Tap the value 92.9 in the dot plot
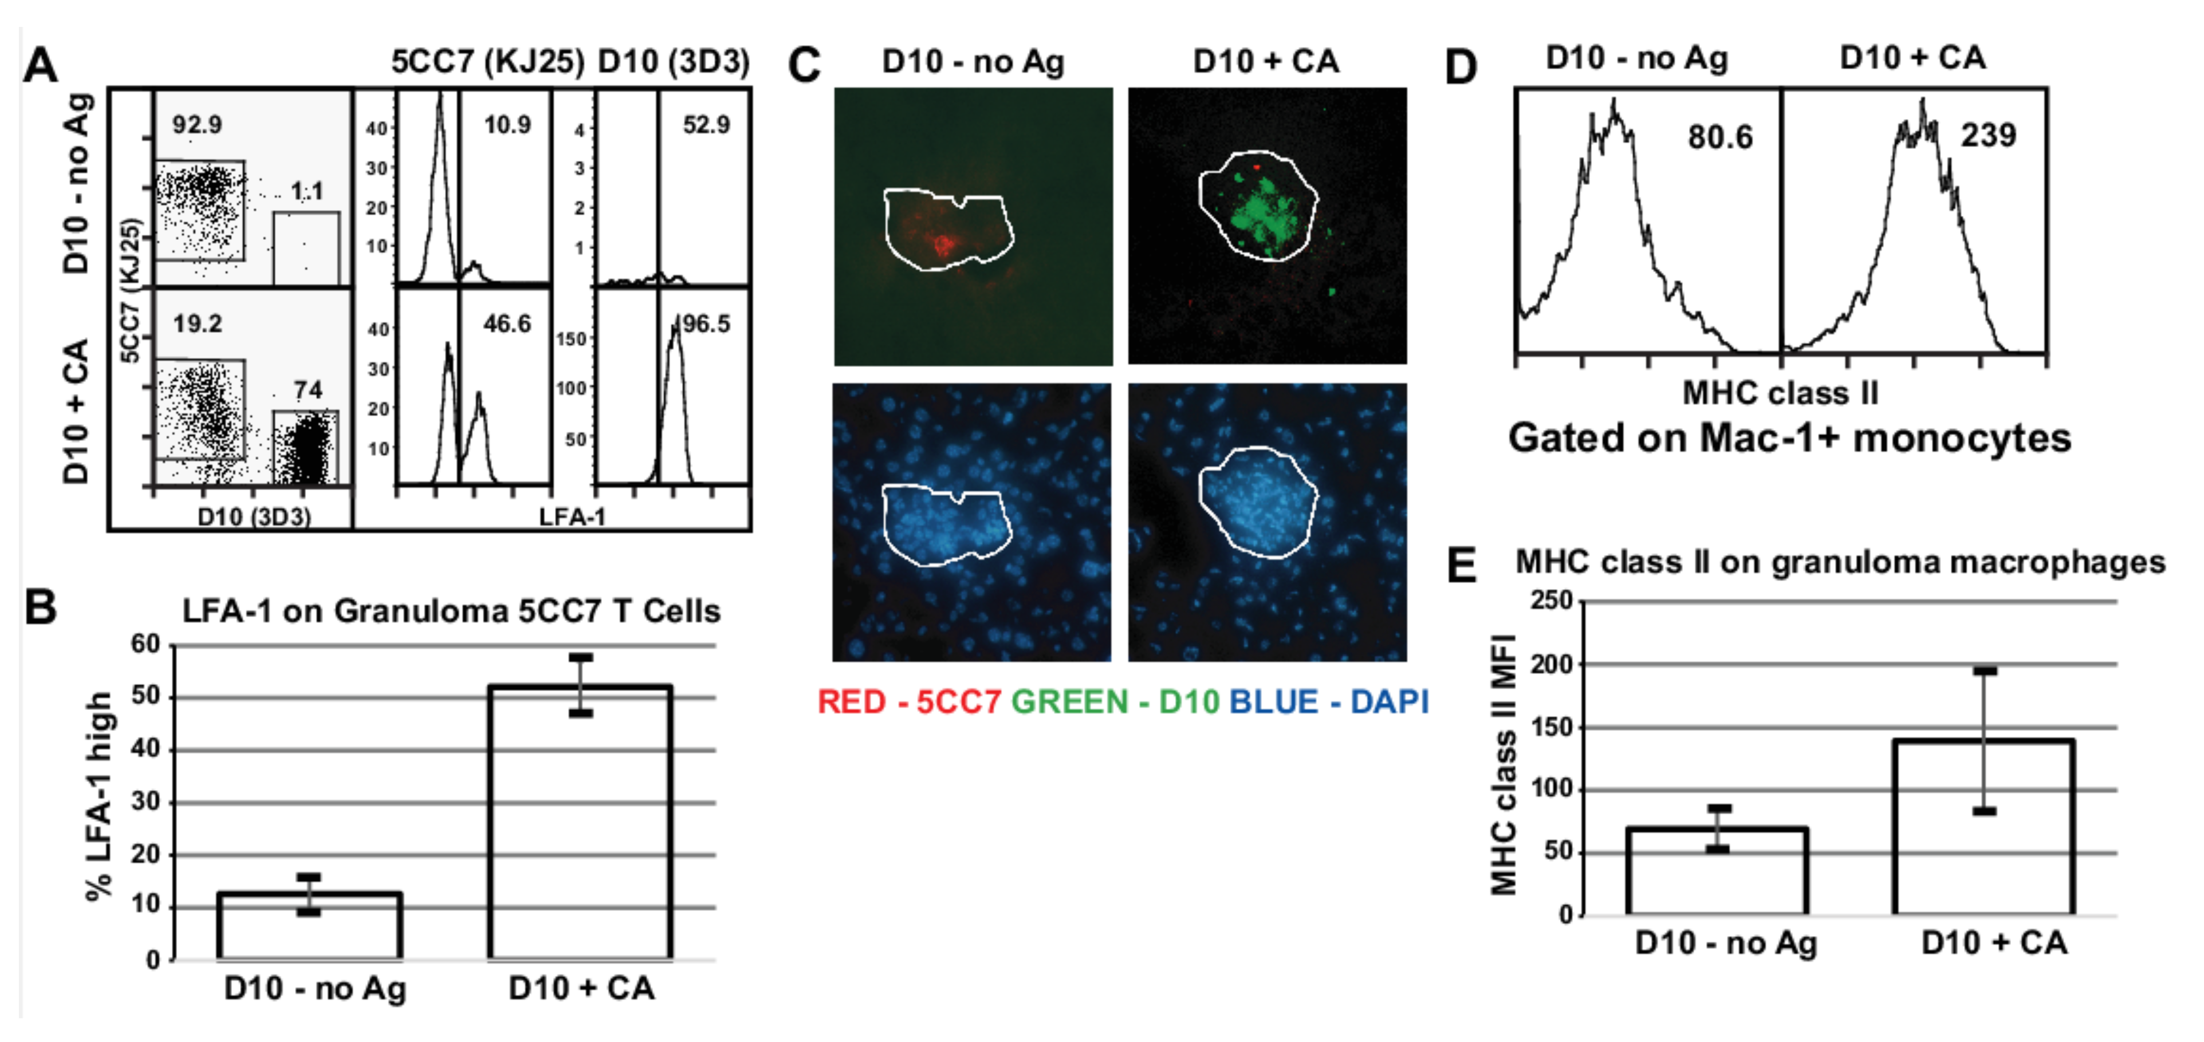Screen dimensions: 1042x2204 (197, 125)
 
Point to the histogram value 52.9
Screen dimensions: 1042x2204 (706, 125)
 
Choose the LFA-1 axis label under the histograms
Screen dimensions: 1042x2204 (572, 517)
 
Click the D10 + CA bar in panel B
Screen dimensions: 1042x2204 (580, 821)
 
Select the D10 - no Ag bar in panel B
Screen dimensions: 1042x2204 (310, 926)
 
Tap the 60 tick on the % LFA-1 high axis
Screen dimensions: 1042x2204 (145, 644)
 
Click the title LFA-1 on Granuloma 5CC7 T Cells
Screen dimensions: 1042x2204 (451, 611)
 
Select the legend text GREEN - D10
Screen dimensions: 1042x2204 (1115, 701)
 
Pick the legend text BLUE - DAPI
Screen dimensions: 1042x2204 (1329, 701)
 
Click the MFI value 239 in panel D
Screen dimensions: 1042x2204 (1987, 135)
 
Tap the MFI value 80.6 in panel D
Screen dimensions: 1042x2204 (1720, 137)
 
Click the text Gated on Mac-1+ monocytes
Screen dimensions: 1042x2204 (1789, 438)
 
